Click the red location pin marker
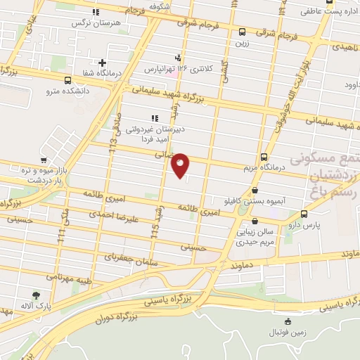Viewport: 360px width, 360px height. tap(181, 165)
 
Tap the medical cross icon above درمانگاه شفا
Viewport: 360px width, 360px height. tap(103, 63)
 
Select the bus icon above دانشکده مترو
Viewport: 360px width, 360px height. tap(67, 80)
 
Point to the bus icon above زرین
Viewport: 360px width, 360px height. tap(242, 32)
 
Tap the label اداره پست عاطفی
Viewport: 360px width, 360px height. tap(324, 11)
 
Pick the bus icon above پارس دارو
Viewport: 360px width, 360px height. tap(304, 214)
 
